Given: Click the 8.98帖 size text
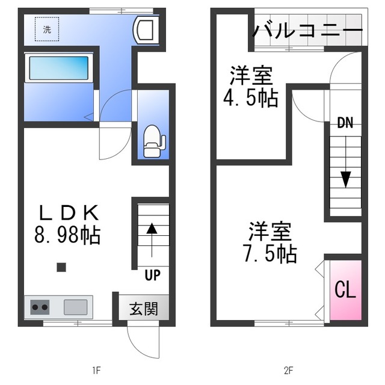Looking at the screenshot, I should click(x=67, y=234).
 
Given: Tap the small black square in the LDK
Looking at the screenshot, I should click(x=61, y=267).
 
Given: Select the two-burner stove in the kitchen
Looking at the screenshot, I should click(x=40, y=307).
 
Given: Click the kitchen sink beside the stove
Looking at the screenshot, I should click(x=76, y=307).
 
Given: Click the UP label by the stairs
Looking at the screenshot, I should click(x=152, y=276).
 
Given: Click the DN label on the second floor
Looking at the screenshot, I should click(x=345, y=124).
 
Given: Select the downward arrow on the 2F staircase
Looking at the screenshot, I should click(x=345, y=178).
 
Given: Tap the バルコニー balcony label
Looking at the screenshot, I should click(x=307, y=28).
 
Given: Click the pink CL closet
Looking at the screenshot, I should click(x=345, y=290).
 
